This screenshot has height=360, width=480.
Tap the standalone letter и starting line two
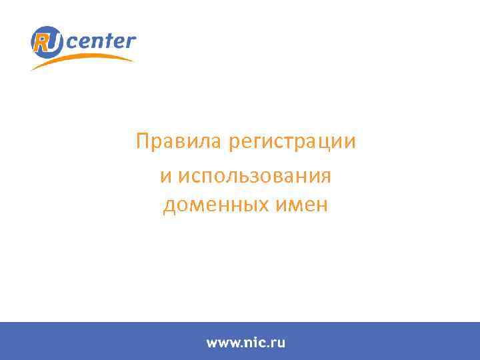click(x=165, y=176)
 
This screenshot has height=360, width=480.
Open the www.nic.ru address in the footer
click(x=245, y=343)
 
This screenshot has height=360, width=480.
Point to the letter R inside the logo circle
click(x=41, y=41)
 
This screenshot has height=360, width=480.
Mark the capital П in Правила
click(x=141, y=142)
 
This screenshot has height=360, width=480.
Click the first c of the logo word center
click(x=72, y=43)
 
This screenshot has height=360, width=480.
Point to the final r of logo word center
click(x=131, y=41)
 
